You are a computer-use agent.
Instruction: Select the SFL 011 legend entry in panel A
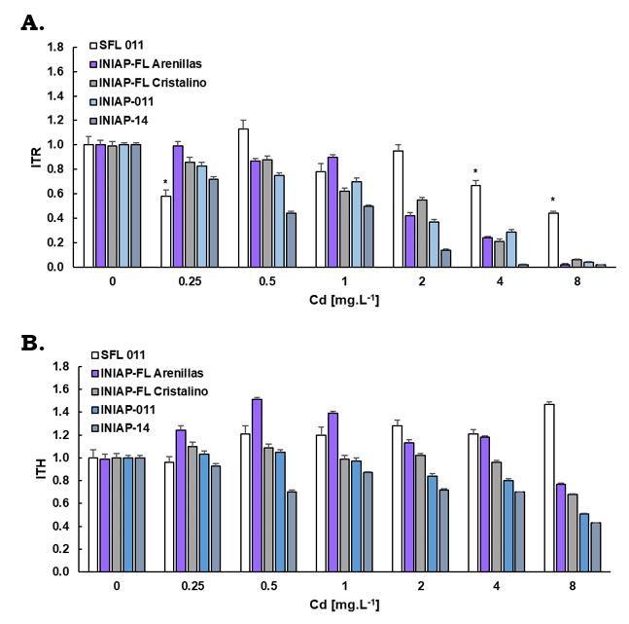click(128, 46)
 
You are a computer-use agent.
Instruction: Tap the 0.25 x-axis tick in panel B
click(191, 587)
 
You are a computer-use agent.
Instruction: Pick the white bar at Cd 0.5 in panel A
click(244, 198)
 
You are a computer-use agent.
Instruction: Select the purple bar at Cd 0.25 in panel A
click(178, 205)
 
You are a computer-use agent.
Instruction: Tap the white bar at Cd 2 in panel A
click(397, 208)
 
